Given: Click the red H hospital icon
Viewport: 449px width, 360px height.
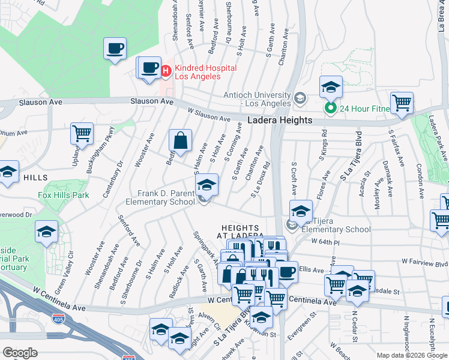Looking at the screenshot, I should coord(166,71).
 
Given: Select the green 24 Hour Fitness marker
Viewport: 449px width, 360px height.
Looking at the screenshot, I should coord(330,109).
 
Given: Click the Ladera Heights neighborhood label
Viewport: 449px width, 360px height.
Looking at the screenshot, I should coord(280,121).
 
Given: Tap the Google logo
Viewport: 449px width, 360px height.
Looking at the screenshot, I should coord(20,353).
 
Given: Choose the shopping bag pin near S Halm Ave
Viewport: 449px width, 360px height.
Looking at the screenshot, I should coord(180,142).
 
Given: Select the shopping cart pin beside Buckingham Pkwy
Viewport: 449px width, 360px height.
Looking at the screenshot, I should coord(82,133).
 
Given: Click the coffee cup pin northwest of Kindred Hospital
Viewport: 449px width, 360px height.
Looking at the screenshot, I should coord(115,49).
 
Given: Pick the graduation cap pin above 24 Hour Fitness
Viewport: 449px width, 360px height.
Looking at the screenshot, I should coord(330,88).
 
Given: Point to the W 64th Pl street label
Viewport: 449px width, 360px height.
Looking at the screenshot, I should coord(325,241).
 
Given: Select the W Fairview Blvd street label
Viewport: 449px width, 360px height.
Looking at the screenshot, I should coord(425,262).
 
